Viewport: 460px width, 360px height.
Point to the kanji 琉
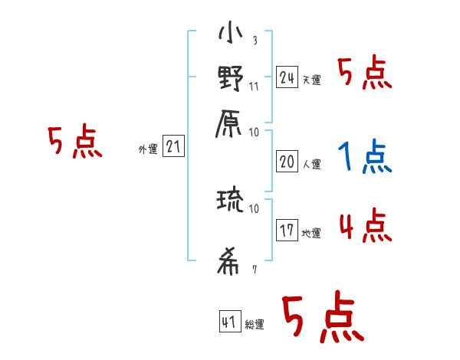[x=230, y=202]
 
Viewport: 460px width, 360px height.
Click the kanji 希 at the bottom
[x=230, y=263]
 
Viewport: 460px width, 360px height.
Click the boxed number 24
[x=287, y=77]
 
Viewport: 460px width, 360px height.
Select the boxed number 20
[x=287, y=161]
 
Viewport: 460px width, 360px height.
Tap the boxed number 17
[x=287, y=231]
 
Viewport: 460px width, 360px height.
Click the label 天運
[x=311, y=80]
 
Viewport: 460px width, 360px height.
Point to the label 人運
[x=311, y=164]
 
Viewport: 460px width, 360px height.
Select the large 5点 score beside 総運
[x=320, y=319]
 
